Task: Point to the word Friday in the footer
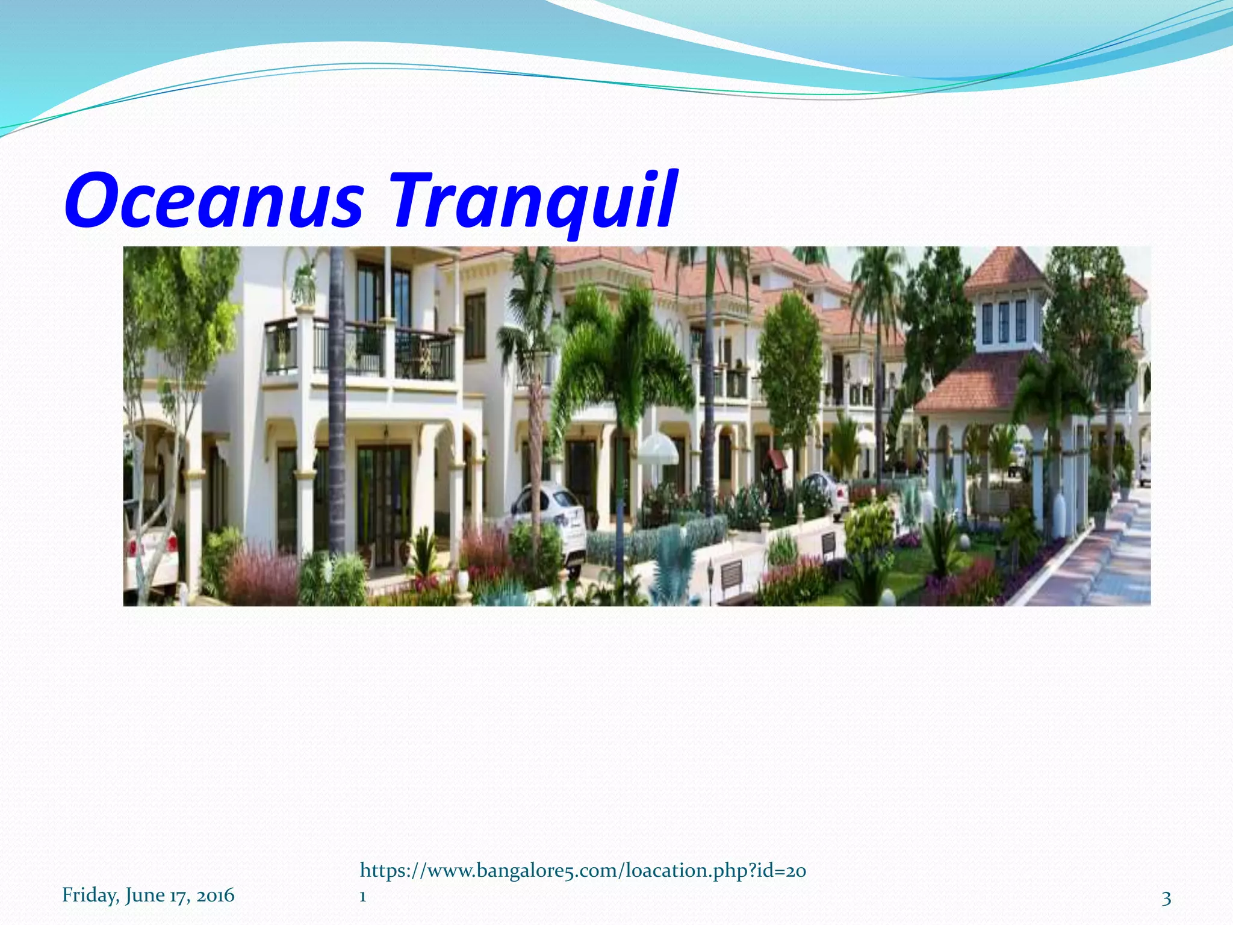pyautogui.click(x=90, y=895)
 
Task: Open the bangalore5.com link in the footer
pyautogui.click(x=582, y=871)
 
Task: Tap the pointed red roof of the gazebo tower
pyautogui.click(x=1004, y=269)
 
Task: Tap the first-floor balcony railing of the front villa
pyautogui.click(x=361, y=349)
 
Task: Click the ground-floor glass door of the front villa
pyautogui.click(x=383, y=494)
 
